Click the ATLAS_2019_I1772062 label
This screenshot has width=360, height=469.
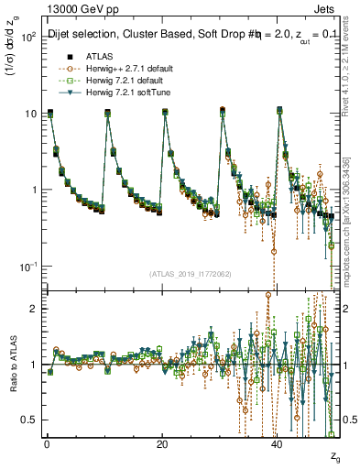190,273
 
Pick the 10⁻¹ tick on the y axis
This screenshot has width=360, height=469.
27,266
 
